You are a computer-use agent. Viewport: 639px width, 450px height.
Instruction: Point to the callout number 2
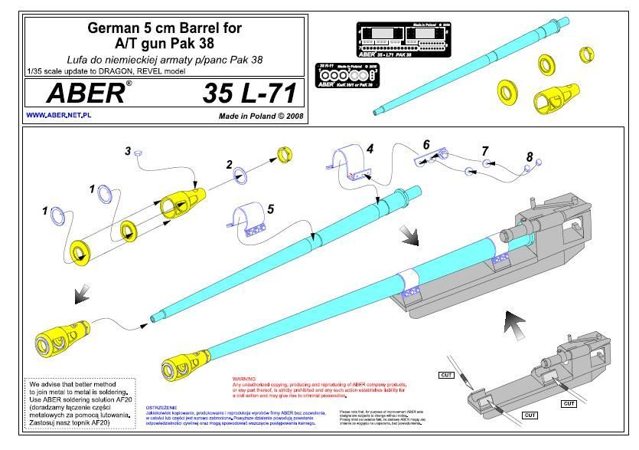228,164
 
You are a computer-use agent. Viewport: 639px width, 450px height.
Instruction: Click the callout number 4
369,150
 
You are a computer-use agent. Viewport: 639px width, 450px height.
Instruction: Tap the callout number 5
269,209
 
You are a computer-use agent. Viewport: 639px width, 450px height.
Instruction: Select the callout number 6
426,144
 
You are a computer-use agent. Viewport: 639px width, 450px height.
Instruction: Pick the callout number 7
484,150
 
